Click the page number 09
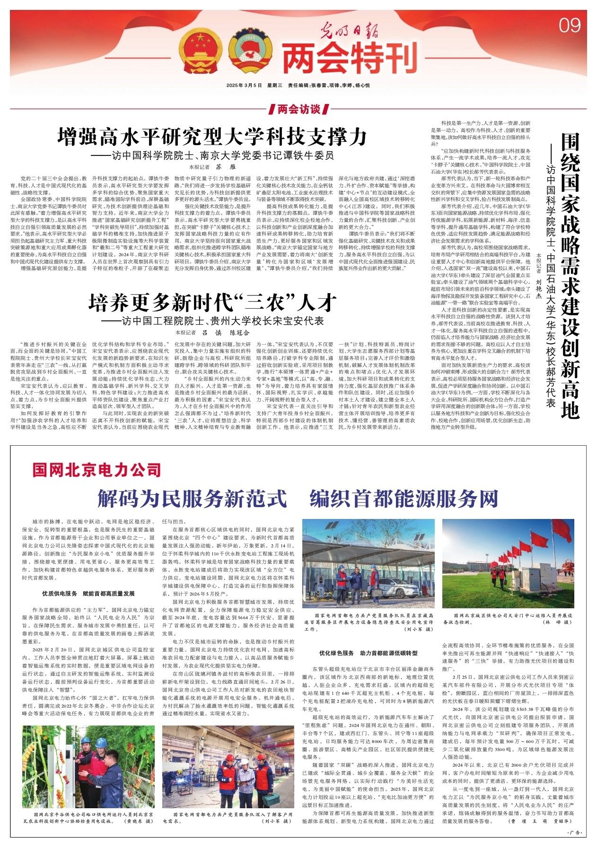coord(569,25)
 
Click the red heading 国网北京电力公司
coord(97,470)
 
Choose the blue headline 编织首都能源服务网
coord(404,498)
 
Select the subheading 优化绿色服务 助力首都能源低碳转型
coord(368,653)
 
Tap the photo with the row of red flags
coord(508,565)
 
